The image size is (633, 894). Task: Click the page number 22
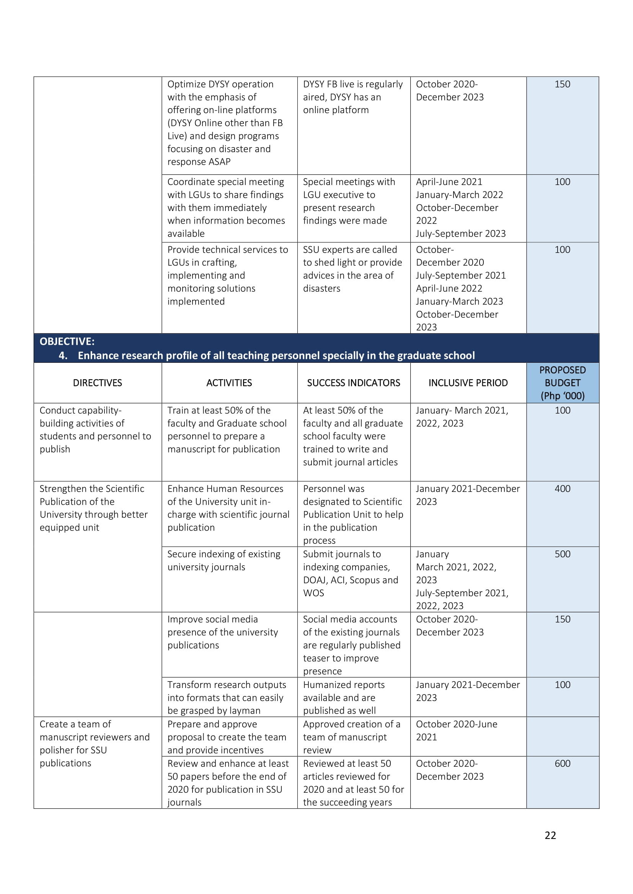[550, 835]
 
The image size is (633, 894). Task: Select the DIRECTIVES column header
[98, 383]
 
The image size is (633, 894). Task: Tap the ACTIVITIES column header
[229, 383]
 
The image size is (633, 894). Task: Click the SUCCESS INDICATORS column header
[354, 383]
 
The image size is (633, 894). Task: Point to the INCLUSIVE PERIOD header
[468, 383]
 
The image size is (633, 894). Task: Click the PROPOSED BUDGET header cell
[562, 383]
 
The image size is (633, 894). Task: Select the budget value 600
[562, 764]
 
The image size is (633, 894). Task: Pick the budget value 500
[562, 554]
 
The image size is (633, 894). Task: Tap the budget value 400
[562, 489]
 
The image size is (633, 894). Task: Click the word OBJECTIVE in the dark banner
[66, 341]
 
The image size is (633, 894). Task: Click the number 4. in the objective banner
[63, 355]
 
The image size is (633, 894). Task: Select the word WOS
[313, 593]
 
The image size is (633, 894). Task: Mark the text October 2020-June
[457, 724]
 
